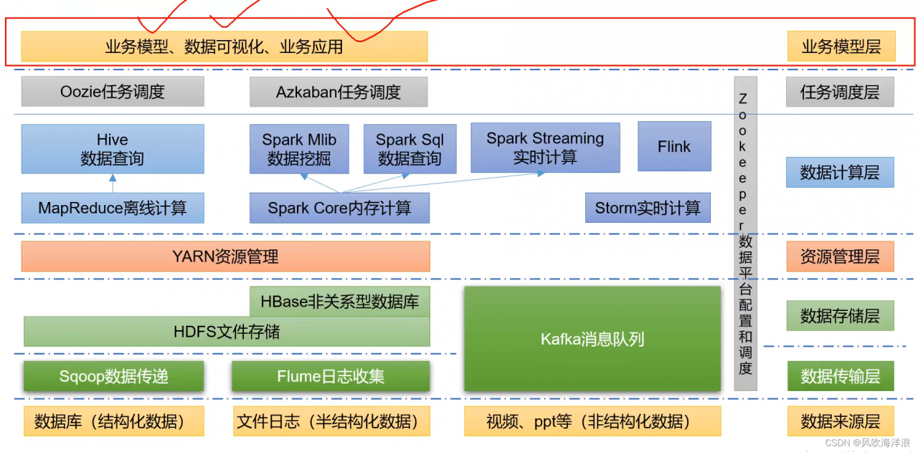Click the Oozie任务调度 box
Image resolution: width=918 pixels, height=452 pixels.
(113, 92)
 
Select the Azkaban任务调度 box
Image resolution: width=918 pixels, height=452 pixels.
(339, 92)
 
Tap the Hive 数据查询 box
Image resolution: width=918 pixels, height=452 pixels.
(113, 149)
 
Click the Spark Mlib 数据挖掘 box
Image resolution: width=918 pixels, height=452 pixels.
(299, 149)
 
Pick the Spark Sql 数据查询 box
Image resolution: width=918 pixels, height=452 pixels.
(410, 149)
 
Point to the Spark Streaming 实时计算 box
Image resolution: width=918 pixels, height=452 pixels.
(545, 148)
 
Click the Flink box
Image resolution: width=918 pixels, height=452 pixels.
(674, 146)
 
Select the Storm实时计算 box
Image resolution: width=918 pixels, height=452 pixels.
(648, 208)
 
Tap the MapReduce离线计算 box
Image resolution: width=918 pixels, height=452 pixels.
(113, 208)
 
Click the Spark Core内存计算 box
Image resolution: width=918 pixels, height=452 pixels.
(339, 208)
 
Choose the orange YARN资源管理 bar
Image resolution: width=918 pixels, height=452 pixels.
(225, 256)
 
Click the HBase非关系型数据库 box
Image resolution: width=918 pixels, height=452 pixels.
(339, 302)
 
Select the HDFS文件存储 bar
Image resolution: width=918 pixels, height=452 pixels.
(227, 332)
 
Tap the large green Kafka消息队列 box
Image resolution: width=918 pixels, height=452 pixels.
(592, 339)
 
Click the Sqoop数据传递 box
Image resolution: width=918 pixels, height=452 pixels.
(113, 376)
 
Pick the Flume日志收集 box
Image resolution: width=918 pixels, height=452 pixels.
(331, 376)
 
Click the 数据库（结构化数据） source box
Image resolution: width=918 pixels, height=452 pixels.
(113, 421)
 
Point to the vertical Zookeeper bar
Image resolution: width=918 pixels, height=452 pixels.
(745, 233)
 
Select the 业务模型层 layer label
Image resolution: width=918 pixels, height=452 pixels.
(841, 47)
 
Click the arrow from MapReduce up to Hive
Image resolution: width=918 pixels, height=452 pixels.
(113, 183)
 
